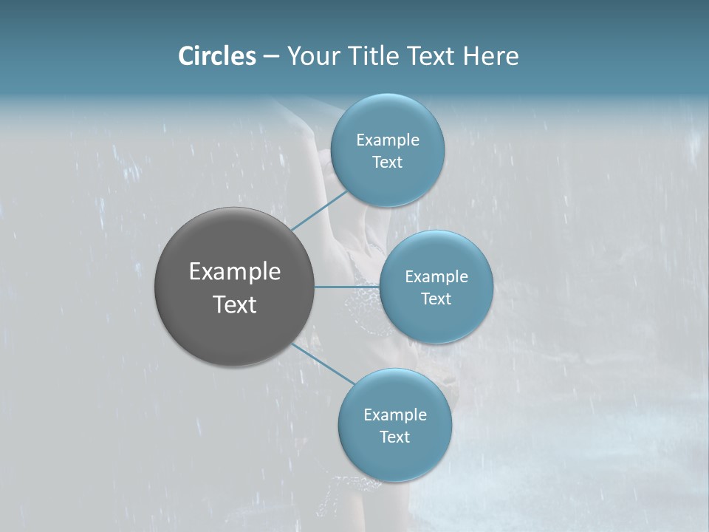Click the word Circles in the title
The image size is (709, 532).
point(217,56)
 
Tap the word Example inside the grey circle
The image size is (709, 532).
point(235,272)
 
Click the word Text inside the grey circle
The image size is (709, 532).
point(235,304)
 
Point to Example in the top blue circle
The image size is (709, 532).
point(388,140)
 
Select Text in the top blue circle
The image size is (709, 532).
point(387,163)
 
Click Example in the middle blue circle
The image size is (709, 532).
point(436,277)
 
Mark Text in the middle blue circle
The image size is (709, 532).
point(436,299)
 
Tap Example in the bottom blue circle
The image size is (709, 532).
point(395,415)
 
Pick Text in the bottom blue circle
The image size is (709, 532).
point(394,437)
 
